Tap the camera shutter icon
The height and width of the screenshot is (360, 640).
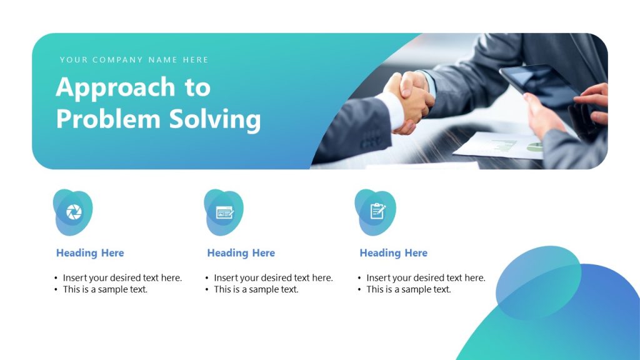tap(74, 212)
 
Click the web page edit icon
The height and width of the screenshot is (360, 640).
tap(224, 212)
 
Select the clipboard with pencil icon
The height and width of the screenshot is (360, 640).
tap(377, 211)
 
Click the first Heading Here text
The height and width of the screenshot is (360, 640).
tap(90, 253)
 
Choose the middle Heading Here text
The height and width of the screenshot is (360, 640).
tap(241, 253)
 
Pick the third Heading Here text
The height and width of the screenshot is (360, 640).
tap(393, 253)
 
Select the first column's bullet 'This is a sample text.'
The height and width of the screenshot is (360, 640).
tap(105, 289)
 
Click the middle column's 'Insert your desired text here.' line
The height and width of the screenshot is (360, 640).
tap(273, 277)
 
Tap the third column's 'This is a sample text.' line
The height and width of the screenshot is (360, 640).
tap(408, 289)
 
